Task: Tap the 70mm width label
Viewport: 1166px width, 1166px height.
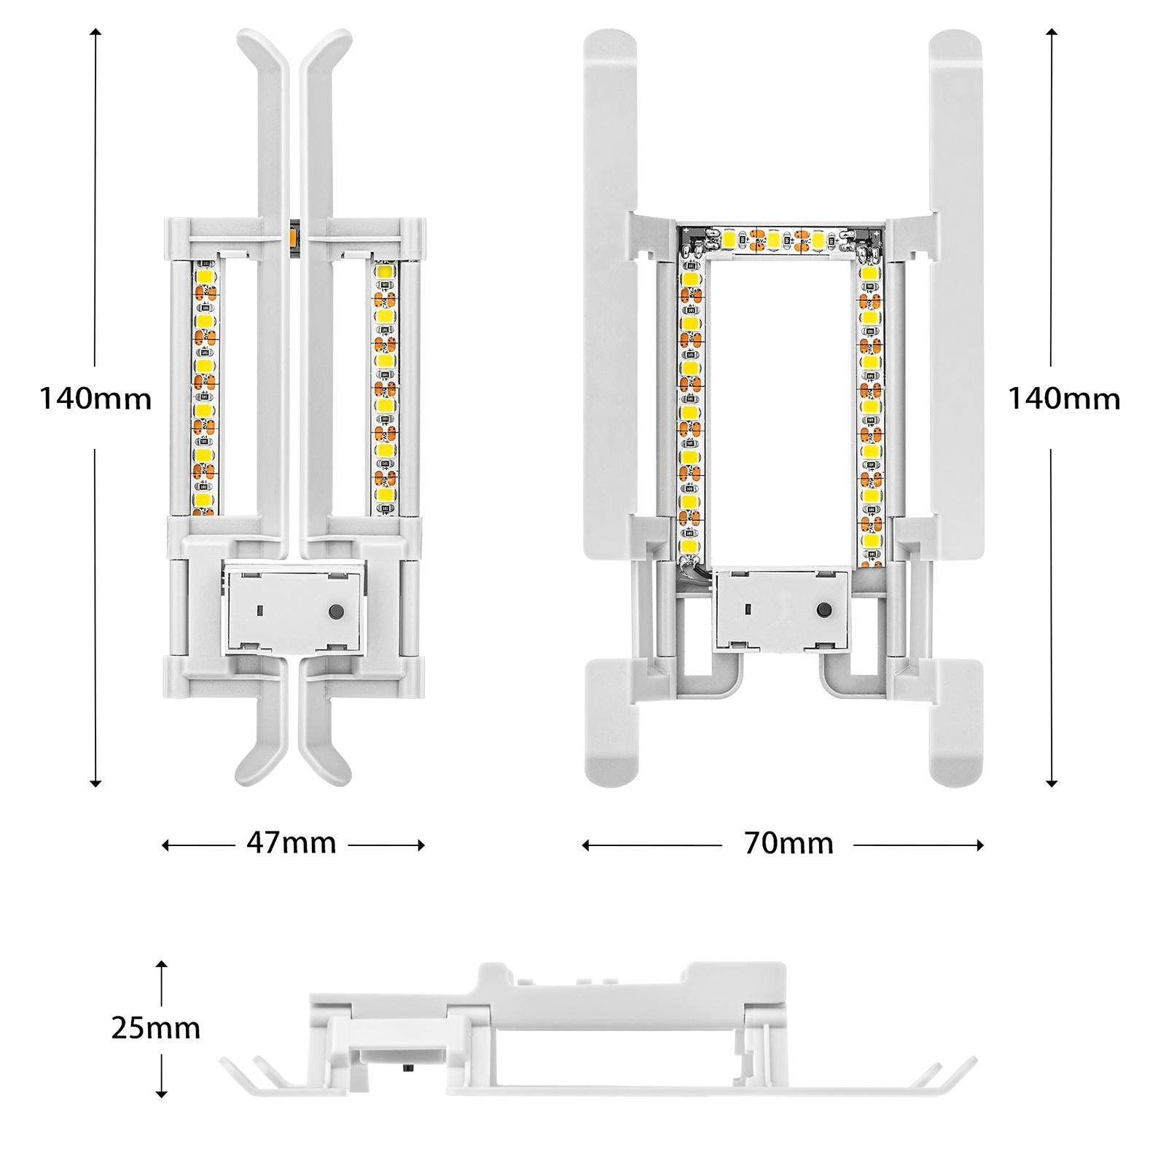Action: tap(788, 843)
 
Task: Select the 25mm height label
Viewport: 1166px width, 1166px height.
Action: tap(155, 1028)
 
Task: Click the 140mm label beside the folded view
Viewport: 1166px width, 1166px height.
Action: tap(95, 399)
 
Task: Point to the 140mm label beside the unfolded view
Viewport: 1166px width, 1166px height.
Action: tap(1063, 399)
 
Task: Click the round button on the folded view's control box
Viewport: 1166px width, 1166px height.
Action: tap(336, 611)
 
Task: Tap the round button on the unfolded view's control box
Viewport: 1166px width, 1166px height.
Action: tap(825, 609)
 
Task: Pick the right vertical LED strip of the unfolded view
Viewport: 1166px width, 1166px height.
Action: tap(871, 408)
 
